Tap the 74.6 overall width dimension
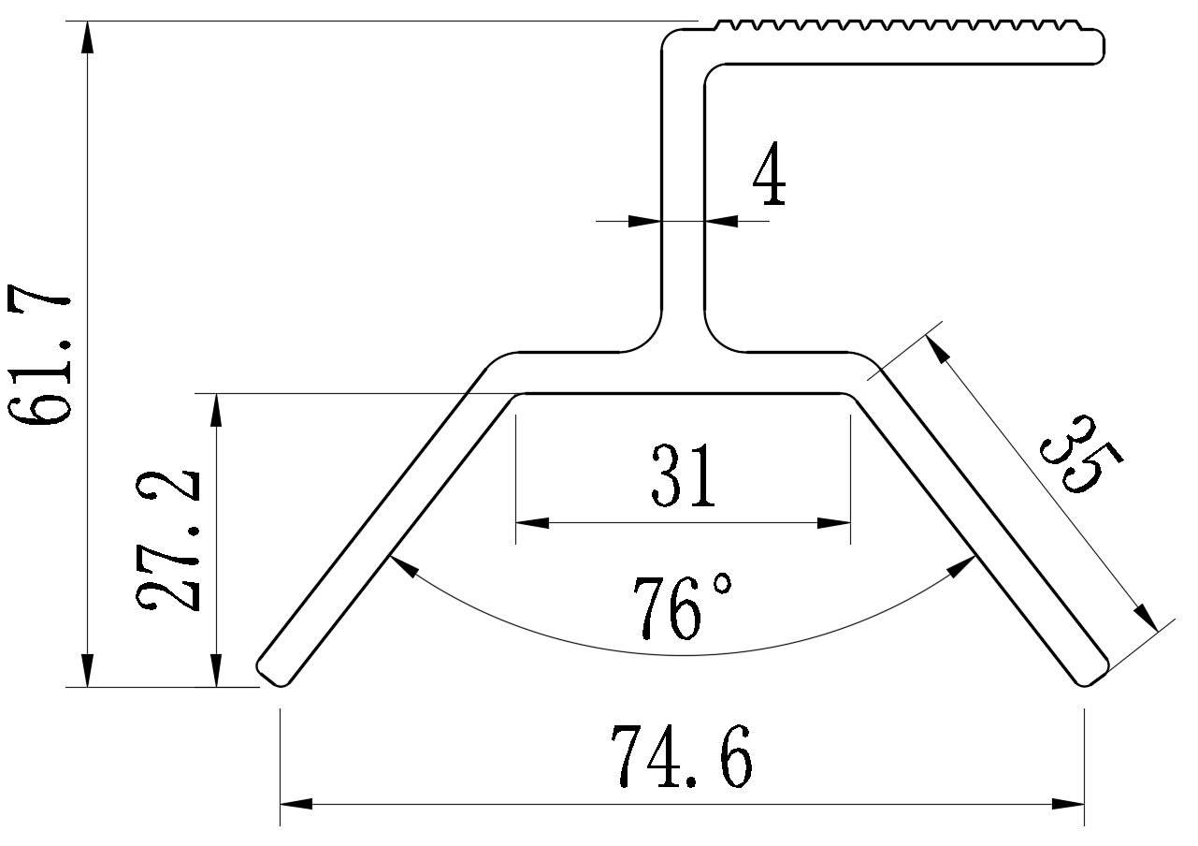click(x=681, y=756)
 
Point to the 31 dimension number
click(x=684, y=475)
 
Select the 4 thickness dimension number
click(x=769, y=176)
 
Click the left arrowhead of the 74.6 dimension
click(x=296, y=804)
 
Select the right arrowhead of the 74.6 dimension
click(x=1068, y=804)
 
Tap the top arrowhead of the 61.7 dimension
click(x=87, y=37)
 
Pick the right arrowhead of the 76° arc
click(x=965, y=564)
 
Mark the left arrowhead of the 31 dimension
click(x=531, y=523)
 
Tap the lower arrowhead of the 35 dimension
click(x=1146, y=617)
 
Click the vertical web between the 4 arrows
click(x=683, y=222)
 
